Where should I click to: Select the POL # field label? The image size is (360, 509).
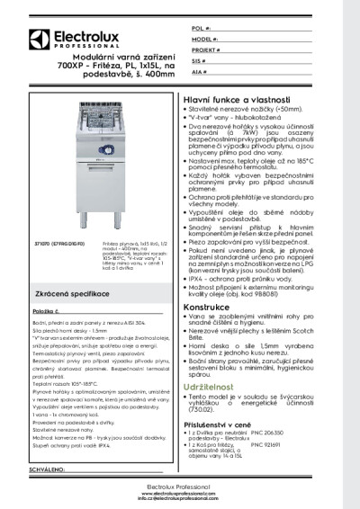[200, 30]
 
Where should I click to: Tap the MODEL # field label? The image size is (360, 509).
[204, 40]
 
